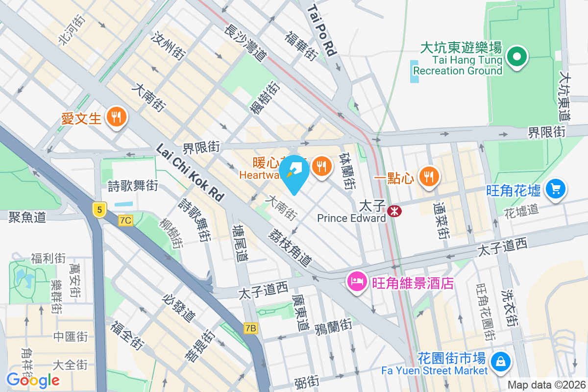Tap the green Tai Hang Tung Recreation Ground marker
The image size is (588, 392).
click(x=516, y=57)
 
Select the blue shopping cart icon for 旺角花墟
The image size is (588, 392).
click(x=555, y=189)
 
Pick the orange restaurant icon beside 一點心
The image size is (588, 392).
click(x=429, y=177)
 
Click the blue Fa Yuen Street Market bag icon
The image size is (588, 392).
click(x=501, y=362)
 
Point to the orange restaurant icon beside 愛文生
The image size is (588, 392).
click(x=116, y=117)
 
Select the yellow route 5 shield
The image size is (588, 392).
click(x=99, y=210)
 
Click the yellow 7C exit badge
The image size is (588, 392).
click(x=125, y=220)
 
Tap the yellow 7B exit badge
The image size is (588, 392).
click(x=250, y=328)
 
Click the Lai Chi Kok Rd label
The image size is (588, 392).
click(x=190, y=172)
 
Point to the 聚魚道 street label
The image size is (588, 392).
click(x=27, y=217)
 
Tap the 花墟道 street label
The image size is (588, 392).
click(x=521, y=210)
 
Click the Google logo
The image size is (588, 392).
click(x=33, y=380)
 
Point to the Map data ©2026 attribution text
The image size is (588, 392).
click(x=546, y=385)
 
